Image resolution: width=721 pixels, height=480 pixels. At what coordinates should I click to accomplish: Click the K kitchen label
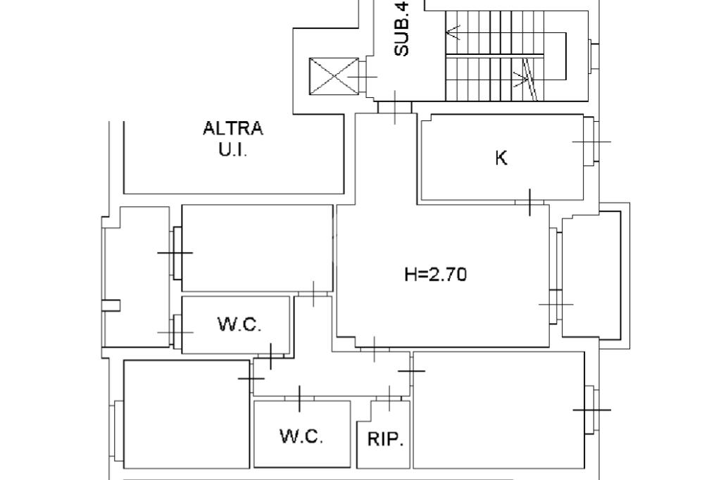click(501, 158)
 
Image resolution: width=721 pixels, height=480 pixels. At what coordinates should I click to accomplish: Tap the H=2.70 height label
click(435, 274)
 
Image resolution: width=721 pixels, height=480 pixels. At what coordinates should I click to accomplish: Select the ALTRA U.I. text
click(233, 139)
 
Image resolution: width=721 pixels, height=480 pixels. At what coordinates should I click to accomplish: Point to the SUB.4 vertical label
click(401, 29)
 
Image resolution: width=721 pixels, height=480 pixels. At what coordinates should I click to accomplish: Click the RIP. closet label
click(385, 441)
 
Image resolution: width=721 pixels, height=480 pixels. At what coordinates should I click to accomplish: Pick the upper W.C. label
click(239, 324)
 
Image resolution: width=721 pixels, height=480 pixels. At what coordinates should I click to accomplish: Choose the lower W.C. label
click(301, 436)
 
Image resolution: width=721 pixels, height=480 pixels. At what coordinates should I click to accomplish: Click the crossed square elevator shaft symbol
click(334, 77)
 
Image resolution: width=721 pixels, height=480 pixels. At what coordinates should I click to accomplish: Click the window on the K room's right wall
click(591, 142)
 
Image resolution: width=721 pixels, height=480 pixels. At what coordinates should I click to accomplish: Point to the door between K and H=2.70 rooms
click(529, 203)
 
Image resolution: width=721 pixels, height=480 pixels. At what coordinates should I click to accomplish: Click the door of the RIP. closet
click(389, 399)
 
